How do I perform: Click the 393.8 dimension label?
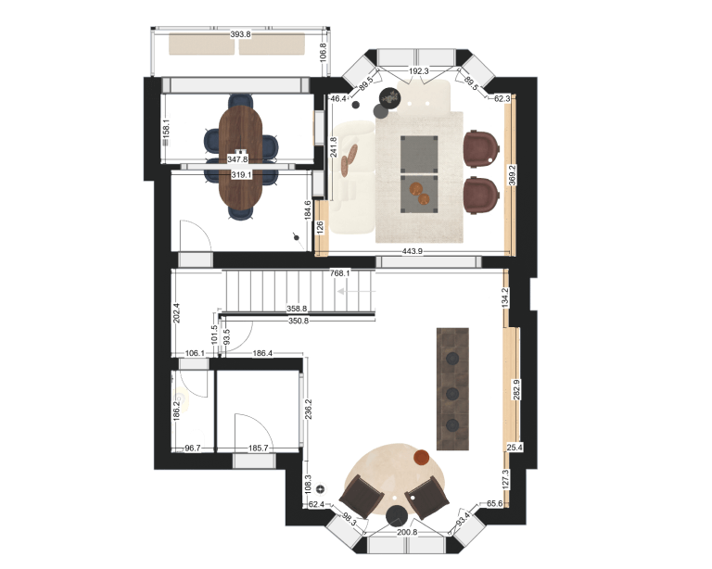pyautogui.click(x=240, y=34)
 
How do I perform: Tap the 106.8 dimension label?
pyautogui.click(x=323, y=52)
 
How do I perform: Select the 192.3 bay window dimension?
pyautogui.click(x=419, y=71)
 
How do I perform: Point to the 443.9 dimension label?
pyautogui.click(x=413, y=251)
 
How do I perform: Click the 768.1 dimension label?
pyautogui.click(x=339, y=273)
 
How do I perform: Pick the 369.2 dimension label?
pyautogui.click(x=512, y=175)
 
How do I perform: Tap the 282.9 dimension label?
pyautogui.click(x=516, y=389)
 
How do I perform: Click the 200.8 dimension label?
pyautogui.click(x=407, y=532)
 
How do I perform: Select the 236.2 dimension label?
pyautogui.click(x=309, y=410)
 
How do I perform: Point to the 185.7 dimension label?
pyautogui.click(x=258, y=449)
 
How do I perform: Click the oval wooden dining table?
pyautogui.click(x=241, y=156)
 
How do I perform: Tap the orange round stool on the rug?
pyautogui.click(x=422, y=458)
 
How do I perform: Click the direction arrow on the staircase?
pyautogui.click(x=349, y=291)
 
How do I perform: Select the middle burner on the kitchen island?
pyautogui.click(x=452, y=394)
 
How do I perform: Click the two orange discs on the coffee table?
pyautogui.click(x=420, y=193)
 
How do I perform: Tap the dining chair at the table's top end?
pyautogui.click(x=241, y=100)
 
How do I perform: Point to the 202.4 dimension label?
pyautogui.click(x=177, y=313)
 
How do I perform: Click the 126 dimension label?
pyautogui.click(x=321, y=227)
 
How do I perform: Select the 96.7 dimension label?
pyautogui.click(x=193, y=449)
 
